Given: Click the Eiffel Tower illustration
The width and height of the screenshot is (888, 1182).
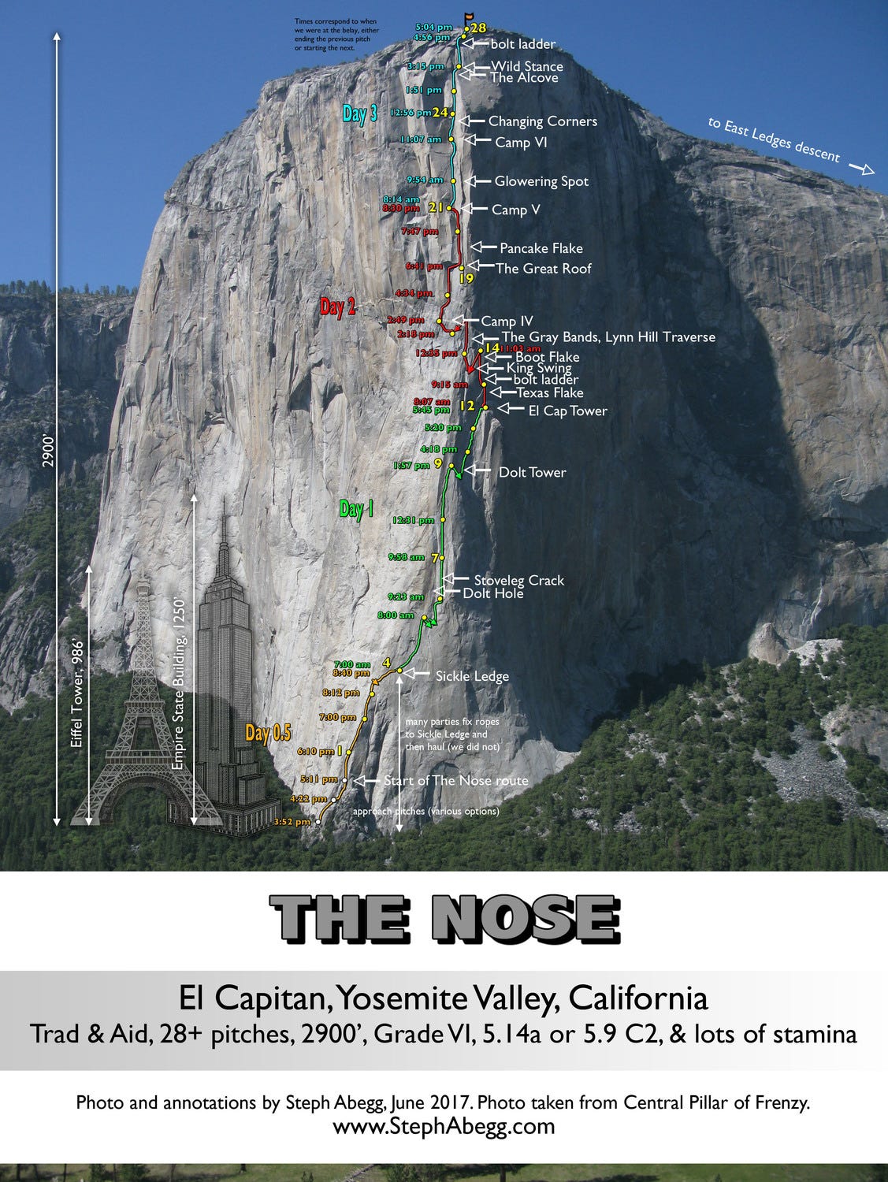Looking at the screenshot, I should (143, 709).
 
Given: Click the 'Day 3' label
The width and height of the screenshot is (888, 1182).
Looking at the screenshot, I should (359, 113).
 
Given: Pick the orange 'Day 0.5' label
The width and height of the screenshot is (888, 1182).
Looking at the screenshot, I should (268, 734).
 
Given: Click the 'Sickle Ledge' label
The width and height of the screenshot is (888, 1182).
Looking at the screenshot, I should (472, 676).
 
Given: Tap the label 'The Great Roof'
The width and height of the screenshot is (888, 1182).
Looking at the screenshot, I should (543, 269).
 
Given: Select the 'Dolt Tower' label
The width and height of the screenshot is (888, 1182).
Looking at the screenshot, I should (532, 473).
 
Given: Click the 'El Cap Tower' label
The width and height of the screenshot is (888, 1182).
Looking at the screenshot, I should (567, 411).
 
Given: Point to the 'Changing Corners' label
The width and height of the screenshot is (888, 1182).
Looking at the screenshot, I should (542, 121).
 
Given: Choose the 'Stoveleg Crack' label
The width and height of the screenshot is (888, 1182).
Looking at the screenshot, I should (518, 581).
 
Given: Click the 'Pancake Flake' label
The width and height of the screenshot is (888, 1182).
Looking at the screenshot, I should (541, 248).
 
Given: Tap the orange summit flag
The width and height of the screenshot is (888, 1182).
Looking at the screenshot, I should (470, 16).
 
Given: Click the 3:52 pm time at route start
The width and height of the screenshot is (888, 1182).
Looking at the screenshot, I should (292, 822).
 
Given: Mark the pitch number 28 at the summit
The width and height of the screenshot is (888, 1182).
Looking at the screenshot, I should (478, 28).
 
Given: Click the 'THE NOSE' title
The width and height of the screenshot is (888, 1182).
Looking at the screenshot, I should (445, 920).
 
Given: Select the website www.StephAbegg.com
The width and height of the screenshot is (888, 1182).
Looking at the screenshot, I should (444, 1126).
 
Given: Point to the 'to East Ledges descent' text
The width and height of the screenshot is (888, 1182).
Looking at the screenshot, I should (774, 139).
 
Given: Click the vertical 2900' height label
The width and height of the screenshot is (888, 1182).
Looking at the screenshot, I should (48, 451).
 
